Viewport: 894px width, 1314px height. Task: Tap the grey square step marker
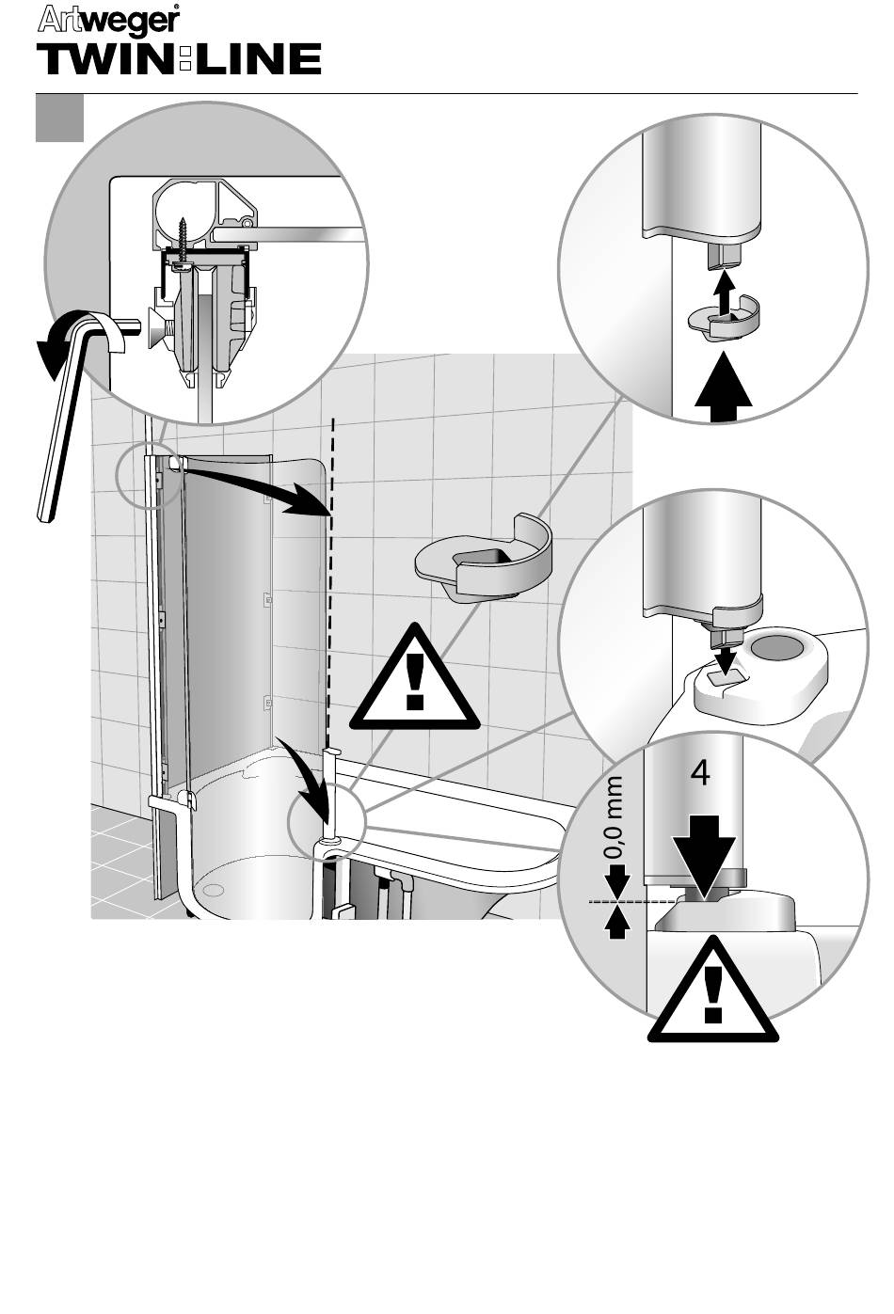[59, 118]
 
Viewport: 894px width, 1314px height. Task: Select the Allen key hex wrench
[62, 423]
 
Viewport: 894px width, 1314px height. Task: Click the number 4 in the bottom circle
[700, 773]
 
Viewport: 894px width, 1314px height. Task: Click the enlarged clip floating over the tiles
[484, 560]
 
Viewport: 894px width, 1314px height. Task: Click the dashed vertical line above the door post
[330, 564]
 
